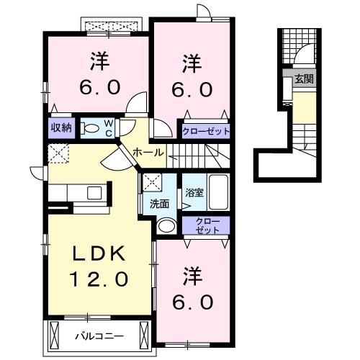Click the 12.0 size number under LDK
tap(99, 278)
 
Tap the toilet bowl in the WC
tap(90, 128)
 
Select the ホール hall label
tap(148, 153)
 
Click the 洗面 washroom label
tap(159, 204)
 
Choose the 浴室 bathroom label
tap(194, 193)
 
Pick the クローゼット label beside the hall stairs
tap(206, 131)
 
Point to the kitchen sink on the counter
tap(94, 192)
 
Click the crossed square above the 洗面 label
tap(150, 182)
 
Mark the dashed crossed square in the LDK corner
tap(57, 153)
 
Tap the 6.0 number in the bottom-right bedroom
tap(192, 300)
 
